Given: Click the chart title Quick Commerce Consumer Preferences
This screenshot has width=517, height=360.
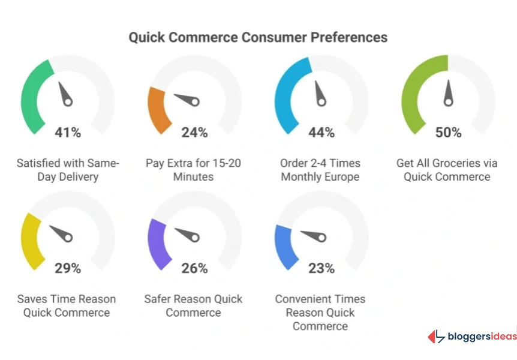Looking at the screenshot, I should click(x=258, y=37).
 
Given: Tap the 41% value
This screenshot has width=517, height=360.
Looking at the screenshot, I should click(x=68, y=133).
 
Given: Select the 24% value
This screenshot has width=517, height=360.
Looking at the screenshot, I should click(x=194, y=133).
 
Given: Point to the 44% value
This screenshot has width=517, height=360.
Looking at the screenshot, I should click(x=321, y=133).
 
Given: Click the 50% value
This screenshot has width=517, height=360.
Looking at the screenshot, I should click(x=448, y=133).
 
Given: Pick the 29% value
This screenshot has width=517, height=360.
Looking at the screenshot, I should click(x=68, y=268).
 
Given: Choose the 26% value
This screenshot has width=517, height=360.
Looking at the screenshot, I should click(x=194, y=268).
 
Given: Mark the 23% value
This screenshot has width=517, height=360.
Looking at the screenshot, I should click(x=321, y=268).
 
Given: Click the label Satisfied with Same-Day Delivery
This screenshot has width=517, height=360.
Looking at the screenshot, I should click(x=68, y=170).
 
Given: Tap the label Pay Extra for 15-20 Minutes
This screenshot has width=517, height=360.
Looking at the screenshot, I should click(x=194, y=170).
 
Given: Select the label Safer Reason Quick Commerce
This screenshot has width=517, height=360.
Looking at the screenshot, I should click(x=194, y=305).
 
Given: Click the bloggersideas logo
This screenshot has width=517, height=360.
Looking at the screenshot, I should click(x=471, y=337).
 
